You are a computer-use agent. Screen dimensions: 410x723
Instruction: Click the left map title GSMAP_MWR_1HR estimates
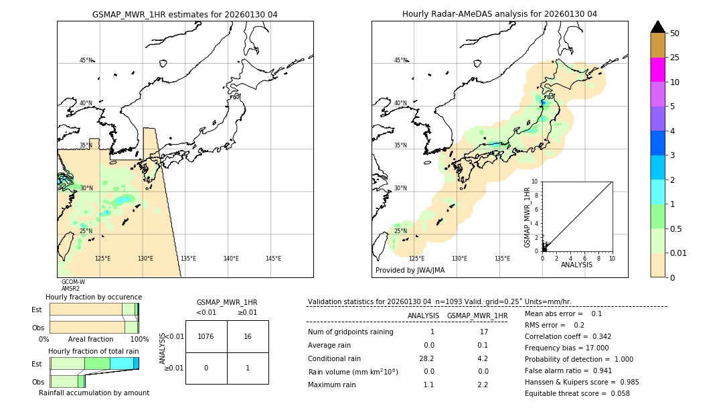[185, 14]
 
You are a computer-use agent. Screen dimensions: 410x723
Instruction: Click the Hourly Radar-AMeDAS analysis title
[499, 14]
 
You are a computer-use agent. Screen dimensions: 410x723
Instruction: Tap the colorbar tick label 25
[675, 58]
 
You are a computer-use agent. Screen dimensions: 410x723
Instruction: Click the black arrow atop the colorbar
[658, 27]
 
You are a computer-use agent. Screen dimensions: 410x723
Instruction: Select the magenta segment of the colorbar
[658, 70]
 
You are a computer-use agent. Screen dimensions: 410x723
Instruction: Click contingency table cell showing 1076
[206, 336]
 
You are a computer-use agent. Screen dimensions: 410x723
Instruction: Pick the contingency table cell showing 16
[248, 336]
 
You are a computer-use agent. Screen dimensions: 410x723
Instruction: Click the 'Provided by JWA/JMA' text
[410, 271]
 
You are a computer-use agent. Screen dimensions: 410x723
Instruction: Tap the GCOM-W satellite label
[73, 282]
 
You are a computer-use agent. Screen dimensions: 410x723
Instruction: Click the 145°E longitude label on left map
[273, 259]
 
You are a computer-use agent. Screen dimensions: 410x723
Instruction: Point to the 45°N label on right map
[400, 60]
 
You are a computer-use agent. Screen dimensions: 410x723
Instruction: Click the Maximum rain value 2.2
[482, 385]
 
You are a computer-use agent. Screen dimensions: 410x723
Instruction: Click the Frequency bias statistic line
[566, 348]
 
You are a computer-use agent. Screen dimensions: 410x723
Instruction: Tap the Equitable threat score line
[577, 393]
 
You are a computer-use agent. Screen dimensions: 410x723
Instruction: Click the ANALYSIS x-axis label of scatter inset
[576, 265]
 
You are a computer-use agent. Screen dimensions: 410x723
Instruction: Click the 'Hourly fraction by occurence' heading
[94, 297]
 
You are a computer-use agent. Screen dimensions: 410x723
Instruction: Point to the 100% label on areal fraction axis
[139, 340]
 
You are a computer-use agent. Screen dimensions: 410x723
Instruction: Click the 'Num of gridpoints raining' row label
[350, 332]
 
